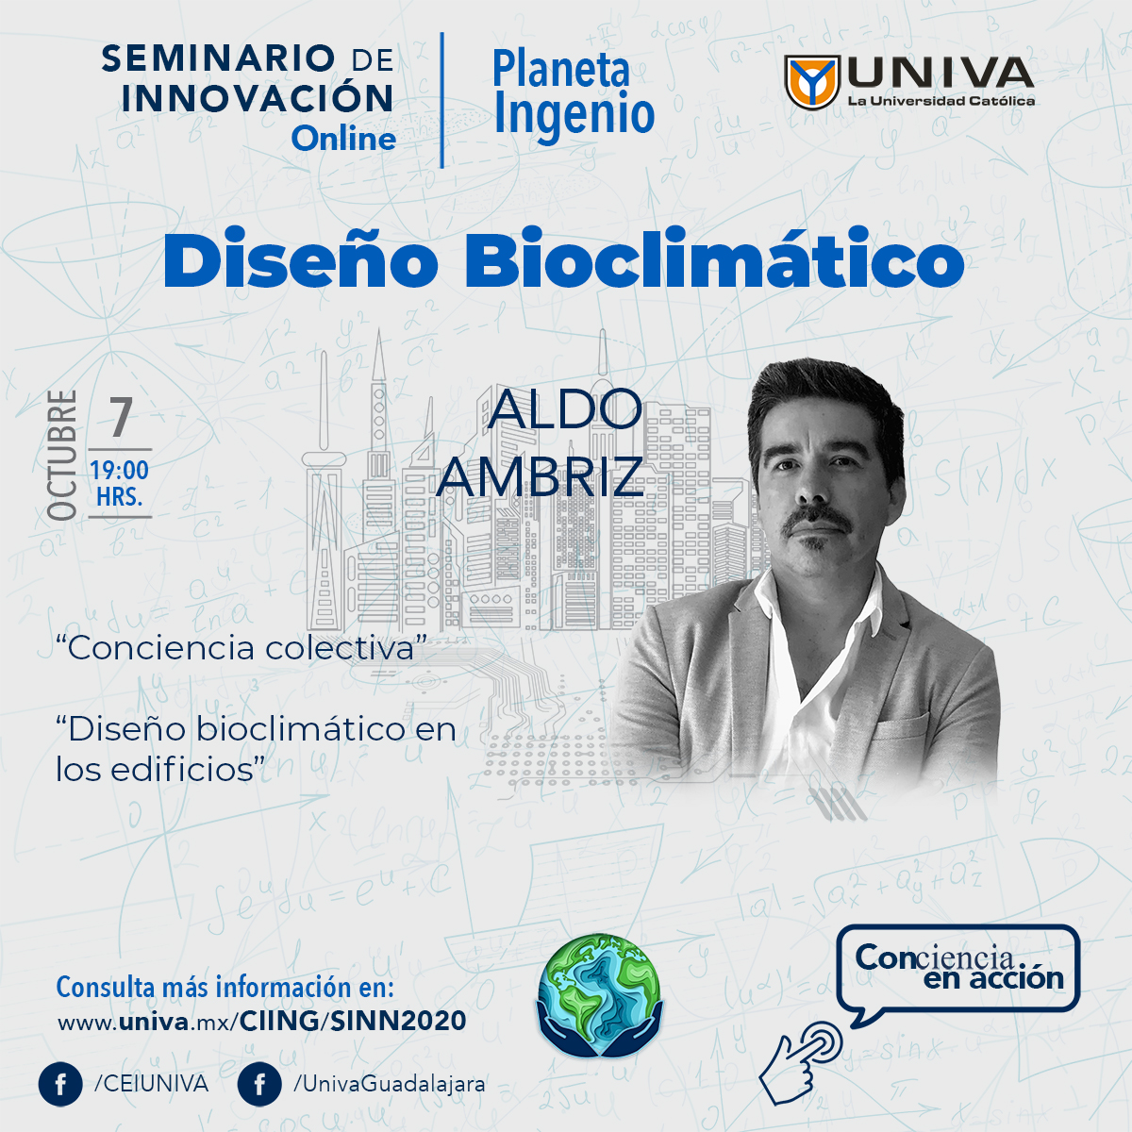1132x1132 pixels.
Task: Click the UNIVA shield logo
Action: [x=812, y=82]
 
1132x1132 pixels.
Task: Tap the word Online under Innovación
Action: [x=343, y=140]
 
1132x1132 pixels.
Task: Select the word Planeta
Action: [x=561, y=70]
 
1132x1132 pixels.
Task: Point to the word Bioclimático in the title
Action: [x=714, y=258]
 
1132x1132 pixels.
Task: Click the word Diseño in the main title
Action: [x=301, y=258]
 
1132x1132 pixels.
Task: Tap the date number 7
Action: [x=121, y=417]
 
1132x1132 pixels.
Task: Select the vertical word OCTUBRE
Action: [x=62, y=456]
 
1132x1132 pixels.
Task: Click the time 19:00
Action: [x=120, y=471]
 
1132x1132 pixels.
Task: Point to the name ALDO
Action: [x=564, y=408]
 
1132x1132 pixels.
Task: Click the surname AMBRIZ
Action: [x=540, y=476]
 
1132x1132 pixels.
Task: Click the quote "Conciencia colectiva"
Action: [x=241, y=648]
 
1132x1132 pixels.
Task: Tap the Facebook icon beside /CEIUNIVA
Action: [x=60, y=1085]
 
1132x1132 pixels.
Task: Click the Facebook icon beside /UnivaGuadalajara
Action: [x=259, y=1085]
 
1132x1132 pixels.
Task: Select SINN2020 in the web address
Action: [x=398, y=1021]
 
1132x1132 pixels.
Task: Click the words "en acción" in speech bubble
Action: [x=993, y=978]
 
